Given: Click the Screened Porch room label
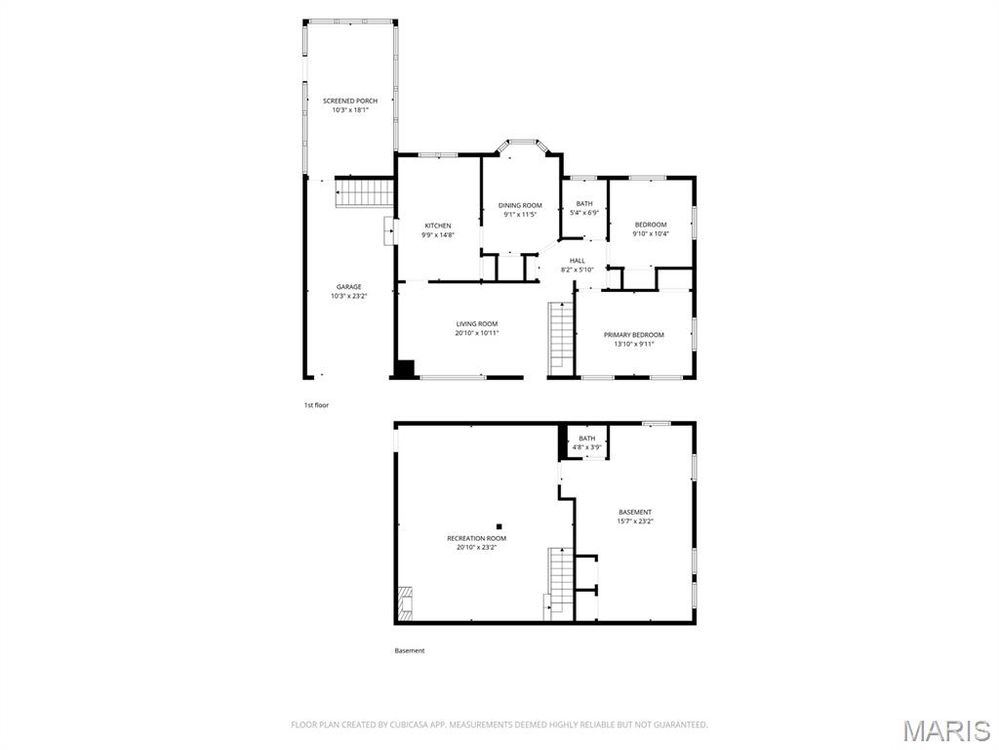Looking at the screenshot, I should click(350, 101).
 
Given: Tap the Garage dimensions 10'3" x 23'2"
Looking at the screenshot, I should click(349, 296).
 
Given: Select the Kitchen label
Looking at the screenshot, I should click(437, 226).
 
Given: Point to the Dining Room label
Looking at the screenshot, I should click(520, 205).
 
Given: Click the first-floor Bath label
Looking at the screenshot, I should click(583, 204).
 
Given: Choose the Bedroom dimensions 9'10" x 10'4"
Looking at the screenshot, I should click(650, 234).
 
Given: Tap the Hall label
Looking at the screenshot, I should click(578, 260).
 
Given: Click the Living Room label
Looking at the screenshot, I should click(477, 324).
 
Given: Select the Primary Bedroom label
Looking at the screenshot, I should click(634, 335).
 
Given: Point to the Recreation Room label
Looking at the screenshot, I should click(477, 538).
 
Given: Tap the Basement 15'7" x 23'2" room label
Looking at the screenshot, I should click(635, 512).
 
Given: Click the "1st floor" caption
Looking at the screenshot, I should click(316, 404).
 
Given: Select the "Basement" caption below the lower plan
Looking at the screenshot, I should click(410, 650).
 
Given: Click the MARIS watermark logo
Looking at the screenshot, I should click(946, 729).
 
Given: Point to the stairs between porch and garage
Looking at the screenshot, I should click(365, 192).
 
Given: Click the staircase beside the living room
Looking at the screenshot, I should click(560, 338).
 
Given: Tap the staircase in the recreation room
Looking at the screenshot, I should click(559, 582).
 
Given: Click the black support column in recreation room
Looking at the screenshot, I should click(499, 526).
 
